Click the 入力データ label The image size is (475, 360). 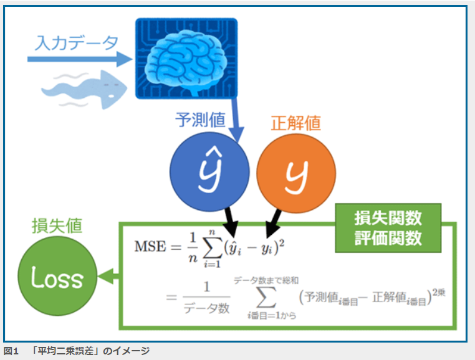pos(77,42)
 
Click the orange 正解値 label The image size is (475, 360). pos(296,122)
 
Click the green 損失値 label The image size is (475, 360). pos(57,226)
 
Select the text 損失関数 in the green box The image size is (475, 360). pos(388,218)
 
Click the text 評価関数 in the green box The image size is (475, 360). pos(388,239)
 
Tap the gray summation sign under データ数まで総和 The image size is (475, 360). pos(265,298)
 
